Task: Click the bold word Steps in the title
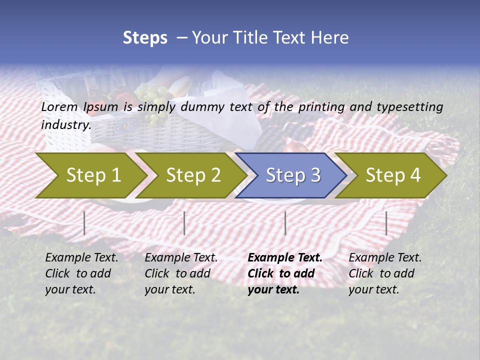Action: [145, 37]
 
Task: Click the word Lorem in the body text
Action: [59, 106]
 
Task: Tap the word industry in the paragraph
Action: [65, 124]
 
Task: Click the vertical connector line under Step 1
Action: [84, 223]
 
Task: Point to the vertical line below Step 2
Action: [184, 223]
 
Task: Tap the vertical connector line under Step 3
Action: [285, 223]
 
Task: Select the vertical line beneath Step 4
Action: [386, 223]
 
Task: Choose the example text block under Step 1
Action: [81, 273]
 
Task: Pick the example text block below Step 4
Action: [384, 273]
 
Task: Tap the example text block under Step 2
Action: [181, 273]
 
